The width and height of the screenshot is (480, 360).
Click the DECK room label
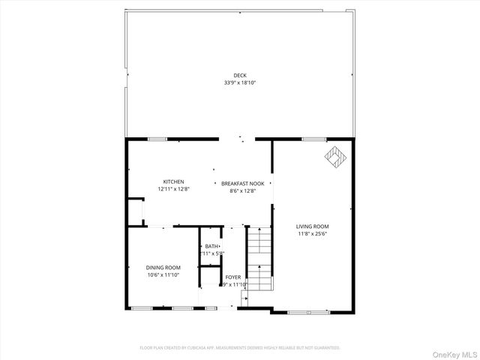pos(239,75)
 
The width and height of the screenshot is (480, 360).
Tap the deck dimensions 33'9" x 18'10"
pos(239,82)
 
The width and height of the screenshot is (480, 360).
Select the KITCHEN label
pos(174,181)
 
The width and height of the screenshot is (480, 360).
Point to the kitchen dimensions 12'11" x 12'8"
pos(174,190)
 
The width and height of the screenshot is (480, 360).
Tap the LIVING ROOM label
pos(313,226)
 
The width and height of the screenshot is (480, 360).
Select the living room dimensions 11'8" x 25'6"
pos(313,233)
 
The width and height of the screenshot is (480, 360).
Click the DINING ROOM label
pos(163,268)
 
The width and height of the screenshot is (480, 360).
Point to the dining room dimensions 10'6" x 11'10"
pos(163,275)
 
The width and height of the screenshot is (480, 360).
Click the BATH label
pos(211,246)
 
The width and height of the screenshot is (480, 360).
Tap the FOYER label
pos(233,277)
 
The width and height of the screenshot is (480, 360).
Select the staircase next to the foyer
pos(259,259)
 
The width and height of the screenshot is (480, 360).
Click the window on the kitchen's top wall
pos(157,139)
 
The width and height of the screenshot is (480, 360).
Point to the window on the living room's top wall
pos(313,139)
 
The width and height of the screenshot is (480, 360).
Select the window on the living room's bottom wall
pos(307,310)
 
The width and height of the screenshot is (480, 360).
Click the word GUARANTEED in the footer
pos(325,348)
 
